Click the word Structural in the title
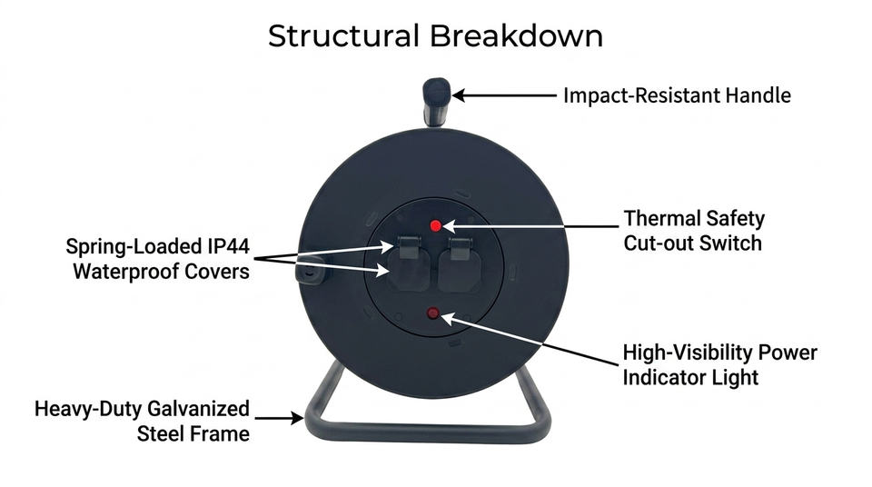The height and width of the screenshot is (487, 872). pyautogui.click(x=343, y=36)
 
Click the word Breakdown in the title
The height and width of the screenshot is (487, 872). pyautogui.click(x=516, y=36)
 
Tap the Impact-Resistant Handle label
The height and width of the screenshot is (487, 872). pyautogui.click(x=677, y=95)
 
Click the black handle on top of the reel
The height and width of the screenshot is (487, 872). pyautogui.click(x=436, y=102)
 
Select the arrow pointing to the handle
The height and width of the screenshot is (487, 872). pyautogui.click(x=504, y=95)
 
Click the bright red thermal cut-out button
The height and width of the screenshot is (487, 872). pyautogui.click(x=436, y=225)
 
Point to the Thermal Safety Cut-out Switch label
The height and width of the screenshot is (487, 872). pyautogui.click(x=693, y=231)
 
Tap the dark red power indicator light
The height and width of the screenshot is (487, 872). pyautogui.click(x=432, y=313)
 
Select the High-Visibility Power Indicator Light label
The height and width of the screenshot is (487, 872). pyautogui.click(x=719, y=364)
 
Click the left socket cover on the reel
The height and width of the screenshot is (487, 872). pyautogui.click(x=409, y=263)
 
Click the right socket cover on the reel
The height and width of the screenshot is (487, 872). pyautogui.click(x=460, y=263)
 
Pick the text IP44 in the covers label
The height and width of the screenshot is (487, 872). pyautogui.click(x=229, y=246)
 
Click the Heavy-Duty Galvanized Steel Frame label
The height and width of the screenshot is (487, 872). pyautogui.click(x=142, y=421)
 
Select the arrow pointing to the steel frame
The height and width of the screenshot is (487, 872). pyautogui.click(x=279, y=417)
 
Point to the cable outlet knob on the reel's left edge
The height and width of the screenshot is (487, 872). pyautogui.click(x=308, y=271)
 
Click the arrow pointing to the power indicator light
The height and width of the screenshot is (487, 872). pyautogui.click(x=529, y=339)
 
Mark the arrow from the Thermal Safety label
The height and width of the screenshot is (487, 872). pyautogui.click(x=530, y=226)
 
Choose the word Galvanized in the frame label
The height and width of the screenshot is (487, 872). pyautogui.click(x=196, y=409)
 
